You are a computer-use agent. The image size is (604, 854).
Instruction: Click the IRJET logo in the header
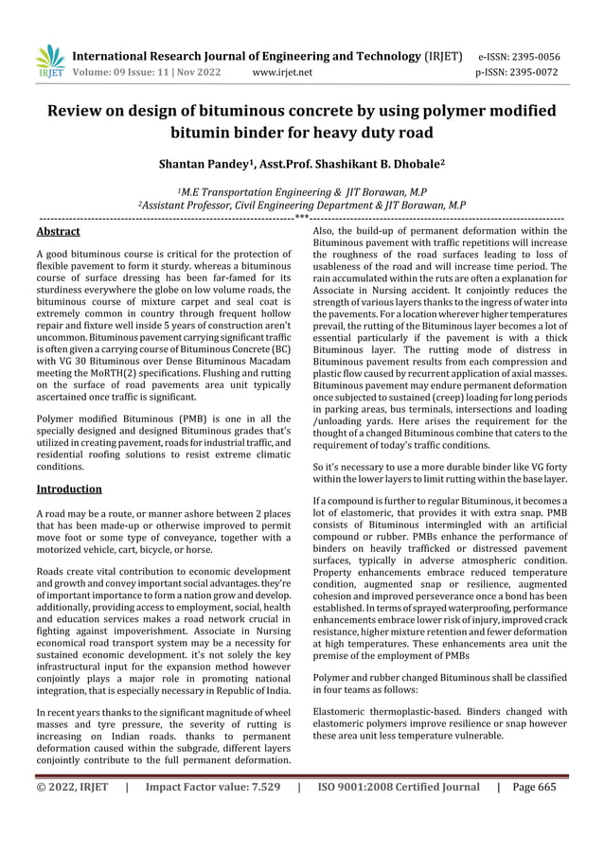click(48, 61)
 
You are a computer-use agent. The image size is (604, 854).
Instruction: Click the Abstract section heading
click(57, 230)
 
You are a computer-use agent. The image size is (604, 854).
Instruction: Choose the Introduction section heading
click(68, 489)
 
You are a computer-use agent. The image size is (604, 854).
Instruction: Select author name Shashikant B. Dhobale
click(368, 164)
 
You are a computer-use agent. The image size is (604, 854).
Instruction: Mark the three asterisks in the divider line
click(301, 218)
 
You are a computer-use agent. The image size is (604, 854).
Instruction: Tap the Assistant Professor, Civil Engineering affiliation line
click(301, 204)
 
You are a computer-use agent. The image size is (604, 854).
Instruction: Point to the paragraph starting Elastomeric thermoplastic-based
click(439, 724)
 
